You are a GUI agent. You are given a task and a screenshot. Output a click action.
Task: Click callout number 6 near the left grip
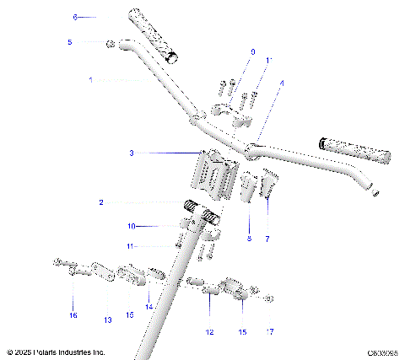(74, 17)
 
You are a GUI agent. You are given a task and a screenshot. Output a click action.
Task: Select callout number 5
(69, 41)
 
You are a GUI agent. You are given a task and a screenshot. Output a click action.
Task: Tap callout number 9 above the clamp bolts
(251, 52)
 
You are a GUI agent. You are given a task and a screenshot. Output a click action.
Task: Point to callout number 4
(282, 83)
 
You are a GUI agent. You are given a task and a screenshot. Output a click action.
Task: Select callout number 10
(132, 226)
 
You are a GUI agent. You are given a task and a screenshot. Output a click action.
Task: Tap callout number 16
(73, 314)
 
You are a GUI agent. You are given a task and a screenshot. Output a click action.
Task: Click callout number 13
(107, 320)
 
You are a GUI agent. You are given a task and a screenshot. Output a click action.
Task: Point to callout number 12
(209, 331)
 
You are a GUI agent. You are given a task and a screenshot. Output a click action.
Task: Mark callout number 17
(270, 331)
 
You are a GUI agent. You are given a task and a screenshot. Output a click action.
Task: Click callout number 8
(249, 239)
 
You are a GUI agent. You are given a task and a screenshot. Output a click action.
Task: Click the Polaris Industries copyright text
(56, 352)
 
